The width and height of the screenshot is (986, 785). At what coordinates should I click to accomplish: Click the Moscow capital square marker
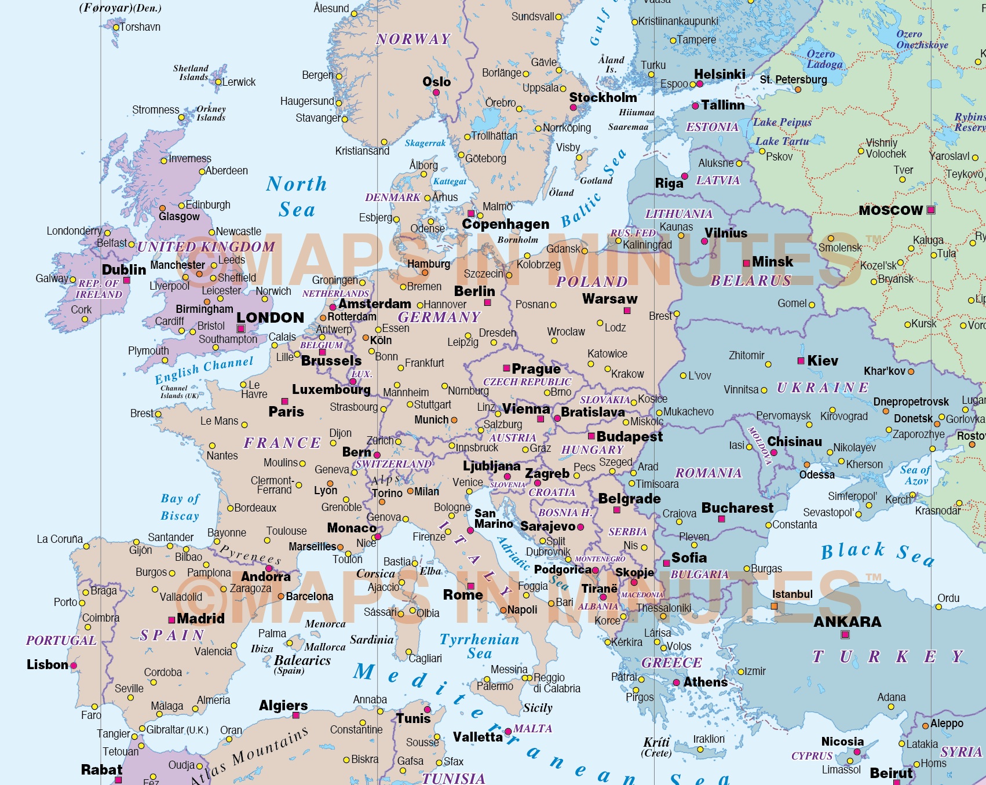(x=930, y=210)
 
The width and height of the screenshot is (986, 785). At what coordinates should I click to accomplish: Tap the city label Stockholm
(x=602, y=97)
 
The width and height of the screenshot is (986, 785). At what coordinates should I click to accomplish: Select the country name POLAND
(x=591, y=282)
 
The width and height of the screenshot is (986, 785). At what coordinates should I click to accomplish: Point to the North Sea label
(x=297, y=196)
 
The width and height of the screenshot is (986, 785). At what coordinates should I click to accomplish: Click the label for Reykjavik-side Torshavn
(x=140, y=27)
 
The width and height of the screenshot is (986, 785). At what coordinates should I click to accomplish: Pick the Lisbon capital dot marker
(x=74, y=666)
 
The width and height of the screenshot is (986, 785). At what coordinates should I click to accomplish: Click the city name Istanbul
(x=792, y=594)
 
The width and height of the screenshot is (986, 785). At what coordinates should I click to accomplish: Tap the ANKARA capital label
(x=847, y=622)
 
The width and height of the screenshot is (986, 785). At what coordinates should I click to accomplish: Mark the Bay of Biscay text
(x=180, y=507)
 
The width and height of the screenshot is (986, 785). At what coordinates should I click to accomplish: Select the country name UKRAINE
(x=822, y=388)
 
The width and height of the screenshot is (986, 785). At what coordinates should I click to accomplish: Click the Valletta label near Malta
(x=477, y=737)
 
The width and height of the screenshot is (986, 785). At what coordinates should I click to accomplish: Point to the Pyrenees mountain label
(x=250, y=555)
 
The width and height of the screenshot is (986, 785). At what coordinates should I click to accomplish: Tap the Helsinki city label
(x=720, y=74)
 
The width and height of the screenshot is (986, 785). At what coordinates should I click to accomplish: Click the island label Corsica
(x=375, y=574)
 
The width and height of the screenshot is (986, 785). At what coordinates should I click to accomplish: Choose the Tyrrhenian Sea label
(x=479, y=646)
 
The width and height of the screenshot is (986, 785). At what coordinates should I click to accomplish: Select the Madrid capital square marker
(x=171, y=620)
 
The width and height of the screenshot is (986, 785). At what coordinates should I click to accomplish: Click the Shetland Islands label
(x=191, y=72)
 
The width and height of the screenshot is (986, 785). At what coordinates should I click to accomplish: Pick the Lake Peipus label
(x=782, y=122)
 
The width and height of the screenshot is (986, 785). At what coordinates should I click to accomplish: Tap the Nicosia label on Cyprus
(x=842, y=742)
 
